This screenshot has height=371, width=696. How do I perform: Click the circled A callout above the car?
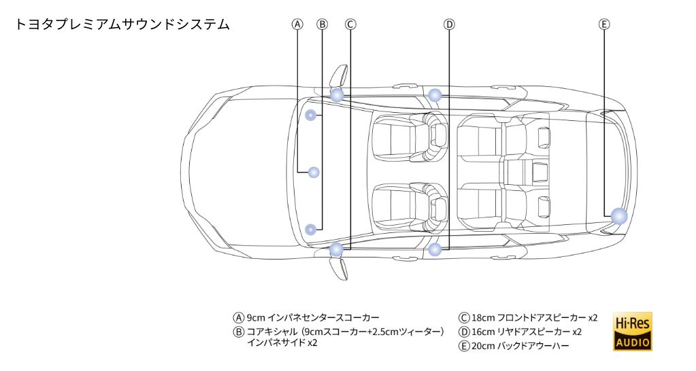tap(297, 24)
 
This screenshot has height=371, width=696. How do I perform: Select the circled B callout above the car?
tap(322, 24)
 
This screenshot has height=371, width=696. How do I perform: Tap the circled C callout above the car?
tap(350, 24)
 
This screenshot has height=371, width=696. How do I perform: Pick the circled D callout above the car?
tap(449, 24)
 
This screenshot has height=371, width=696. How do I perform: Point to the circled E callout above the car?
tap(604, 24)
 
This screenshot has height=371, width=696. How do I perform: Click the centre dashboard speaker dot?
tap(314, 172)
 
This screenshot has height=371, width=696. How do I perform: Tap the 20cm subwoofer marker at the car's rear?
tap(618, 216)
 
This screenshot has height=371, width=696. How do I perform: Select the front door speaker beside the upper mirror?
tap(337, 94)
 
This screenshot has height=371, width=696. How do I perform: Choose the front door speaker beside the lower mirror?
tap(336, 249)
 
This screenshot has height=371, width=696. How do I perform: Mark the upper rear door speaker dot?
tap(435, 94)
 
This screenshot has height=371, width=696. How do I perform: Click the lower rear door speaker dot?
tap(435, 249)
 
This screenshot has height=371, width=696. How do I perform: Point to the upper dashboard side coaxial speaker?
tap(311, 115)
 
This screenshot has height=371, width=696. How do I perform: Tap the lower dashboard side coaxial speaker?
tap(311, 229)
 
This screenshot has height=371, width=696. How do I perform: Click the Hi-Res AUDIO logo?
tap(632, 331)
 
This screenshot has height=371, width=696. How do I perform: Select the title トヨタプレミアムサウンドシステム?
tap(122, 24)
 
